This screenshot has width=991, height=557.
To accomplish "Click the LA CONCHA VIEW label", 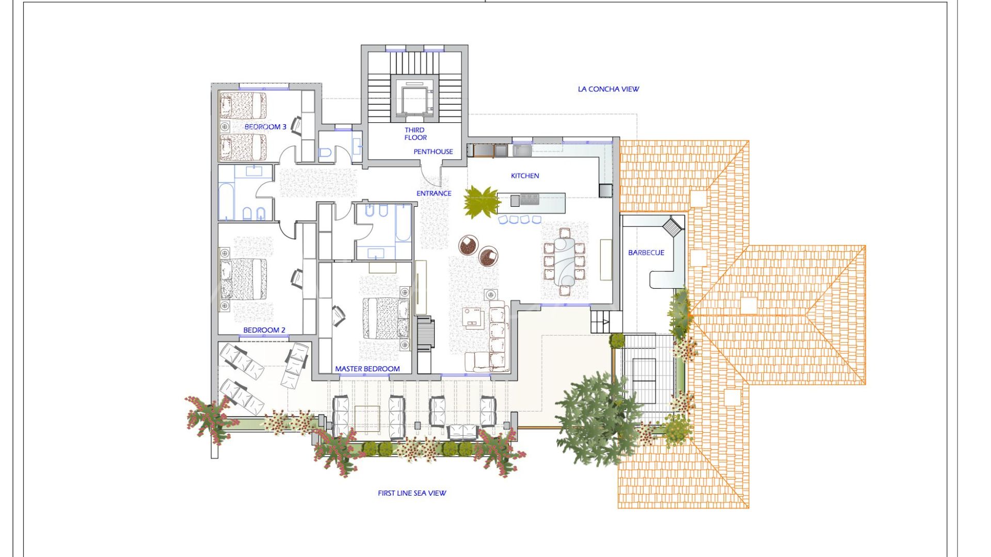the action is pos(608,89).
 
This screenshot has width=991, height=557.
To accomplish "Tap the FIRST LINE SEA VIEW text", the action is pos(412,493).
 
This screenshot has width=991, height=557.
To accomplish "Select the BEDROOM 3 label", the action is pos(265,127).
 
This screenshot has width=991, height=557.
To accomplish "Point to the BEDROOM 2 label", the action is pos(264,330).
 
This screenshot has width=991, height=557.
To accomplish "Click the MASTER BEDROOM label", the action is pos(367,369).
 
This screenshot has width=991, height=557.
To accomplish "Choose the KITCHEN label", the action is pos(525,176).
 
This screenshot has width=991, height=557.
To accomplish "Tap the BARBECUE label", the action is pos(646,253).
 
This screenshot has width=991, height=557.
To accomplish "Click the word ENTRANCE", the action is pos(434,193).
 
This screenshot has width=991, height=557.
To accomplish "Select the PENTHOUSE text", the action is pos(434,152).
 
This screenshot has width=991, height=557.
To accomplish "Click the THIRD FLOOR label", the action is pos(415,134).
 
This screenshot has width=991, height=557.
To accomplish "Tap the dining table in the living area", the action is pos(565,261).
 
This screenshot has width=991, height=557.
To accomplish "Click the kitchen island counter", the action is pos(531,202).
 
